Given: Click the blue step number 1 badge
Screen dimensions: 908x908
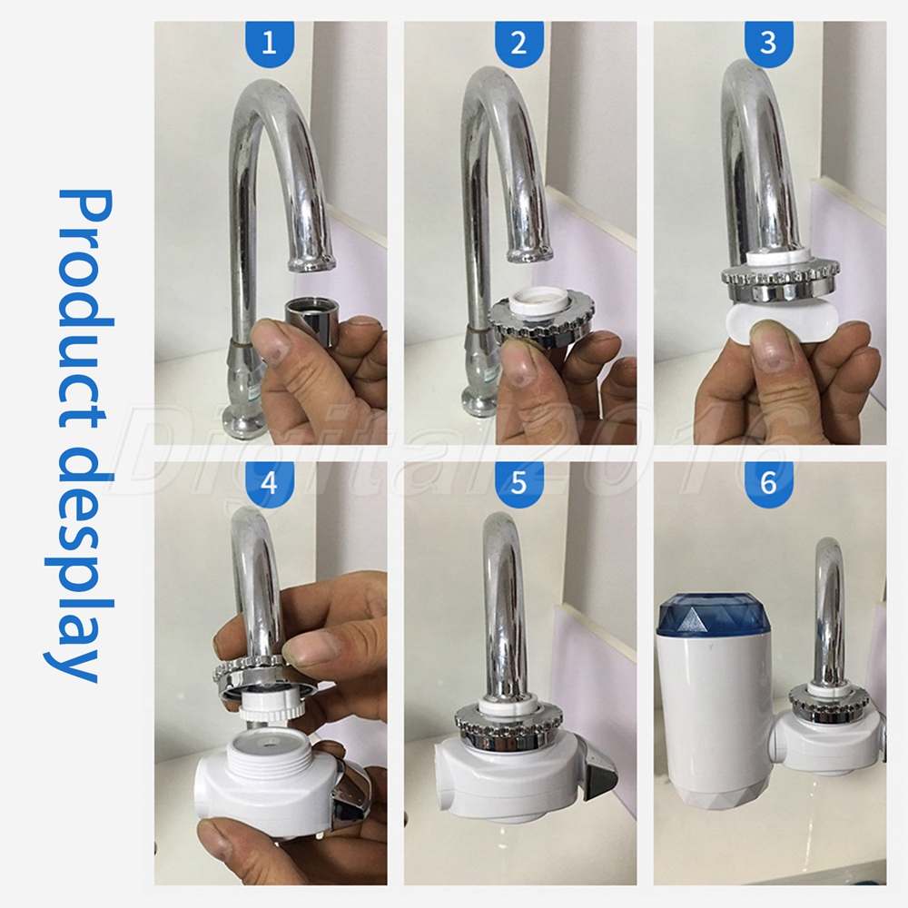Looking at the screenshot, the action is click(x=270, y=42).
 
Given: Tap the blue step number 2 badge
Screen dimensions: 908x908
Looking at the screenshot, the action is click(x=519, y=42).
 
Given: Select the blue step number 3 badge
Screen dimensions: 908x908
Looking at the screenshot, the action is click(x=769, y=42).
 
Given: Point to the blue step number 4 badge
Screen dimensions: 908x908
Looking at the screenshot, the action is click(x=270, y=482).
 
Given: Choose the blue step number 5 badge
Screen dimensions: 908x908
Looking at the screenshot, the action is click(x=519, y=482).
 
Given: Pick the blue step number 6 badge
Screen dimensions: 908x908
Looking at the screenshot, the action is click(x=769, y=482).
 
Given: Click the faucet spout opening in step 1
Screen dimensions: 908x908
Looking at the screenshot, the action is click(x=311, y=263).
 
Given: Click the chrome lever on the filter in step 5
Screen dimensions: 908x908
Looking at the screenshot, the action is click(x=600, y=774).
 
